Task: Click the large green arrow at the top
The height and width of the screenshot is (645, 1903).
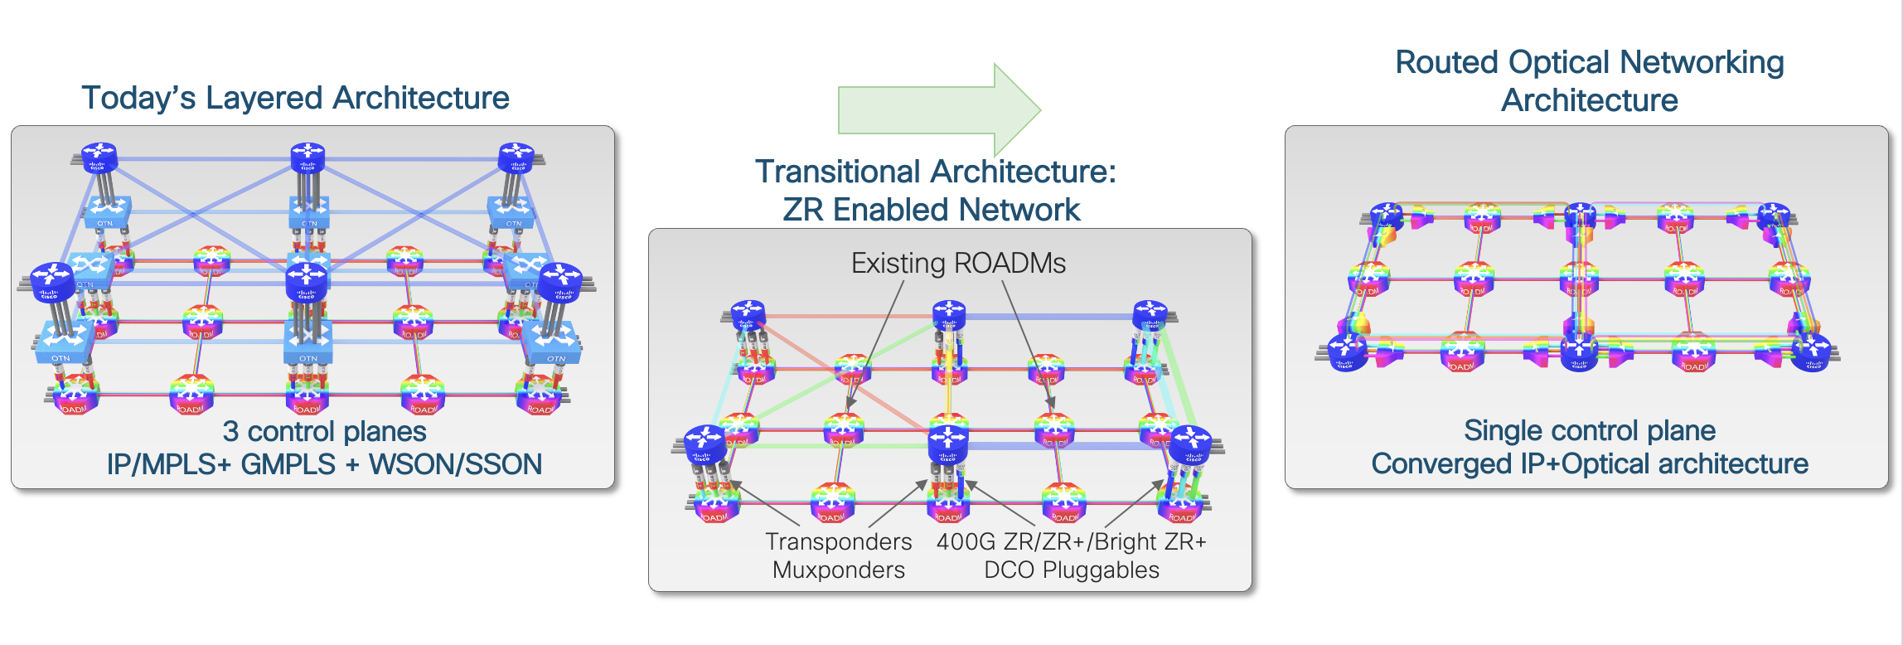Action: point(937,109)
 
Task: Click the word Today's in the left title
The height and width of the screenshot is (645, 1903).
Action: point(138,98)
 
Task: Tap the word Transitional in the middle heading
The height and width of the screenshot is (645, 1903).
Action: point(837,172)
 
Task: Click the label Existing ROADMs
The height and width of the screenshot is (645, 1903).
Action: point(958,264)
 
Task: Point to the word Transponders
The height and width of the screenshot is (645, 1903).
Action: point(838,541)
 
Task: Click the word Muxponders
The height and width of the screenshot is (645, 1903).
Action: point(838,570)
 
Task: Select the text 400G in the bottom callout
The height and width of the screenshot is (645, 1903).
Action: point(966,541)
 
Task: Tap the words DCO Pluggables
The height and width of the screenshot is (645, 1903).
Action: point(1071,570)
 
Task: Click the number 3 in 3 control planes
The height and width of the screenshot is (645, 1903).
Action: point(230,432)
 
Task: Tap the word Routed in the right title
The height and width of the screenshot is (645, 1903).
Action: point(1447,63)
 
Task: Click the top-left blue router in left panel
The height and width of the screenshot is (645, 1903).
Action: point(99,156)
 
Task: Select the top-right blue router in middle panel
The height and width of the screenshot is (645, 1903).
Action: point(1150,315)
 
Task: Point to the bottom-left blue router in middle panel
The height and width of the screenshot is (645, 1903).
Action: point(705,444)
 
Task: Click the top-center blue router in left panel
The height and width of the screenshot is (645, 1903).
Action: point(307,156)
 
